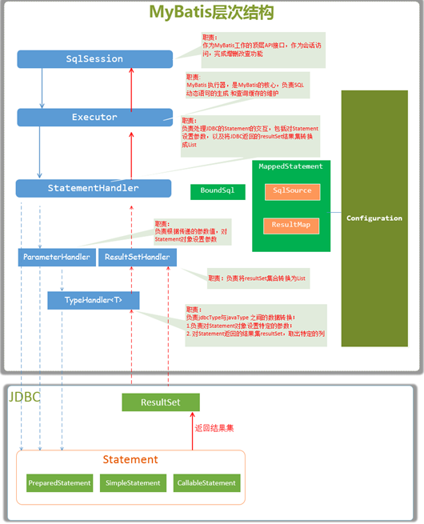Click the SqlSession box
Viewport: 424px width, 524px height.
point(94,59)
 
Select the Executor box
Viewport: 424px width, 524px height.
point(94,118)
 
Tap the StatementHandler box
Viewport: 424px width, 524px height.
point(94,189)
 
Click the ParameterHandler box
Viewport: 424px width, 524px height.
point(56,258)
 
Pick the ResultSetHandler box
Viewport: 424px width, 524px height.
point(138,258)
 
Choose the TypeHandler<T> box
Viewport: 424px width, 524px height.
point(94,300)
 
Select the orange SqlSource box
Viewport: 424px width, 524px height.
point(292,191)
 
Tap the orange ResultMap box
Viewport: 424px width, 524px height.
point(292,225)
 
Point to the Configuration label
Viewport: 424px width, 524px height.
point(374,218)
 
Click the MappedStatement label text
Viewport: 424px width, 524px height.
point(291,166)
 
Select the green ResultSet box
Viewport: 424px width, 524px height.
point(160,402)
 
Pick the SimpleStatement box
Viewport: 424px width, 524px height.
point(133,483)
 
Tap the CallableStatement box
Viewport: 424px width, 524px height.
point(206,483)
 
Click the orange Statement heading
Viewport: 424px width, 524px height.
point(130,459)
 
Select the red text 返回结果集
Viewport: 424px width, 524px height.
point(214,428)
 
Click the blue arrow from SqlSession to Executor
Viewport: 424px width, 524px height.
point(42,88)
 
